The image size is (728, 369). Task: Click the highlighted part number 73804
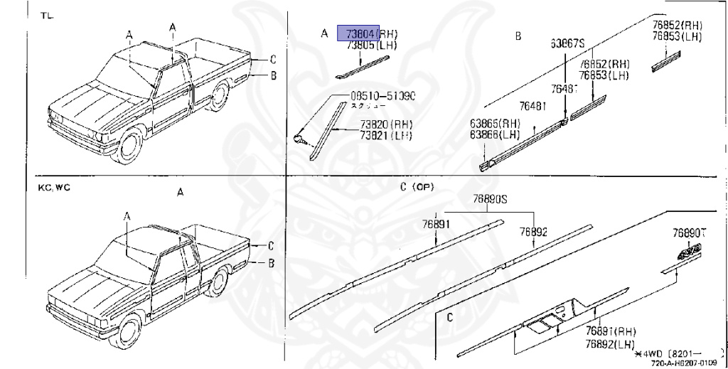click(x=358, y=33)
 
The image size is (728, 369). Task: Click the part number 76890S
click(x=491, y=200)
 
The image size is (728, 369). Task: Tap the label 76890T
click(x=692, y=232)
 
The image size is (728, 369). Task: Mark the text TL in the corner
click(x=48, y=16)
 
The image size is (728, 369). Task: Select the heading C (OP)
click(x=417, y=187)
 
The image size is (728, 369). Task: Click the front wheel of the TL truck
click(x=129, y=145)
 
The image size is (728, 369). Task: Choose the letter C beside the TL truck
click(x=272, y=60)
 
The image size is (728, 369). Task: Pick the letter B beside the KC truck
click(x=271, y=263)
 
